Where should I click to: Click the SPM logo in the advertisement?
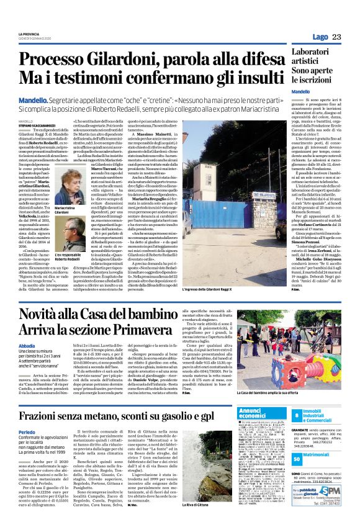pos(335,507)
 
